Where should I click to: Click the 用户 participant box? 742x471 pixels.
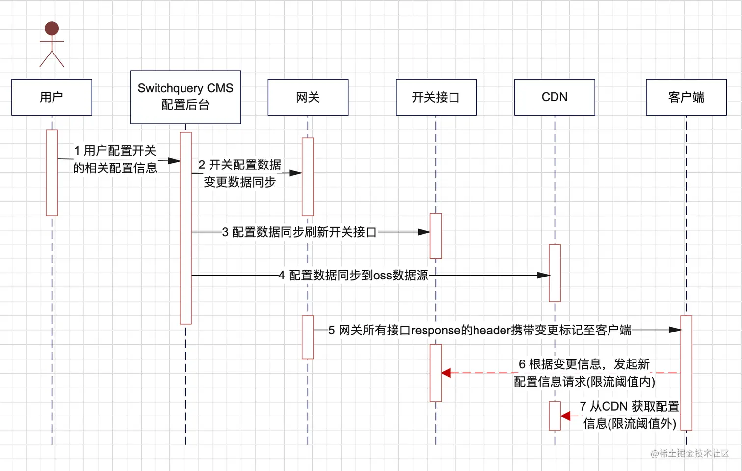point(52,97)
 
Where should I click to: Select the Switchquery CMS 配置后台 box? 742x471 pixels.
point(185,97)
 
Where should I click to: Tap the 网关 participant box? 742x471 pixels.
point(308,97)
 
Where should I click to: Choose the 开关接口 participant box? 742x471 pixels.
point(436,97)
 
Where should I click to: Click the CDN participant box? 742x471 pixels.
point(555,97)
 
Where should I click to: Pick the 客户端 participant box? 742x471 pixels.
point(686,97)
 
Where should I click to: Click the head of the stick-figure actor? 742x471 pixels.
point(52,28)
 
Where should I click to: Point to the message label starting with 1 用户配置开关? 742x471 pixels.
point(115,159)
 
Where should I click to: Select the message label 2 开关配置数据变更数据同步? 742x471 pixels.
point(240,173)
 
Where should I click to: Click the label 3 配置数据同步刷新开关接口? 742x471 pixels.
point(299,232)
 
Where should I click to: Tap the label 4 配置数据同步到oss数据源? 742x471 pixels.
point(353,276)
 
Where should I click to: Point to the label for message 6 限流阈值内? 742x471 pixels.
point(584,373)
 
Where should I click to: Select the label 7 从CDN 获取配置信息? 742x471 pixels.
point(630,415)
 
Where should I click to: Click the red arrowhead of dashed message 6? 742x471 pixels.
point(446,373)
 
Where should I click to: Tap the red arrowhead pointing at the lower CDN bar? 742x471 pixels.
point(565,416)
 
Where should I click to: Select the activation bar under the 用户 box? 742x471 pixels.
point(52,172)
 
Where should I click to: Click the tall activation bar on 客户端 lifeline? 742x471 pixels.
point(686,373)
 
